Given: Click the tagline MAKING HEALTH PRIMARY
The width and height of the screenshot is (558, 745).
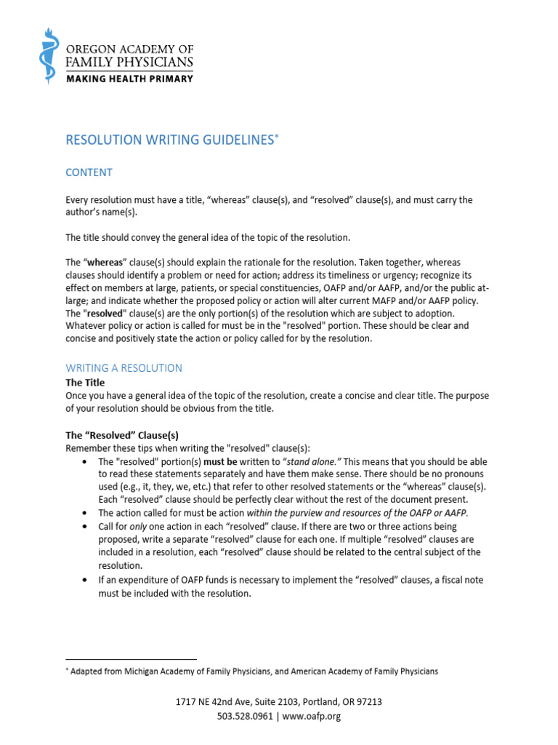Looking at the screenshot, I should [130, 79].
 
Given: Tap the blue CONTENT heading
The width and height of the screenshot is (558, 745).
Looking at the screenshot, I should [89, 172].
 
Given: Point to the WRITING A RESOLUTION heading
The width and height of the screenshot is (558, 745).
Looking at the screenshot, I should [124, 368].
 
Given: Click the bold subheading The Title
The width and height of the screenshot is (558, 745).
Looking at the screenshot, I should [85, 382].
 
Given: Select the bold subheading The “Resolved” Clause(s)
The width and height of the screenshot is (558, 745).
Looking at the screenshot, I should [122, 435].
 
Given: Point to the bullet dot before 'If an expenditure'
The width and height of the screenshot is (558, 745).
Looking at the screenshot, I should [86, 580].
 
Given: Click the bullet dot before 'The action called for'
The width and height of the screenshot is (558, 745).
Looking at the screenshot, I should [86, 513].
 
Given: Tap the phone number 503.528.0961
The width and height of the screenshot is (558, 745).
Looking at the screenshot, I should [245, 716].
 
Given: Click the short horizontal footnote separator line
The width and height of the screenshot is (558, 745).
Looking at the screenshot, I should [131, 659].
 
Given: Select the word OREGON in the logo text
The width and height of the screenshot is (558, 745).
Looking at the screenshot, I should [91, 49].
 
